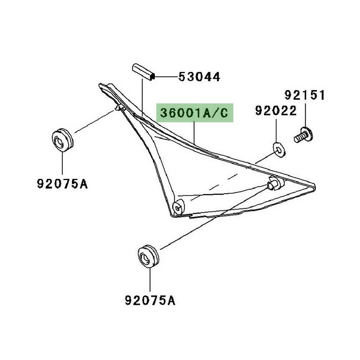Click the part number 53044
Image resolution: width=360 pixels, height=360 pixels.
[x=199, y=77]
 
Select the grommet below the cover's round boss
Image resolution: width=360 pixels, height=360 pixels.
[x=147, y=256]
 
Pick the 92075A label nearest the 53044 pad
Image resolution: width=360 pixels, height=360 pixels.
[x=62, y=183]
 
